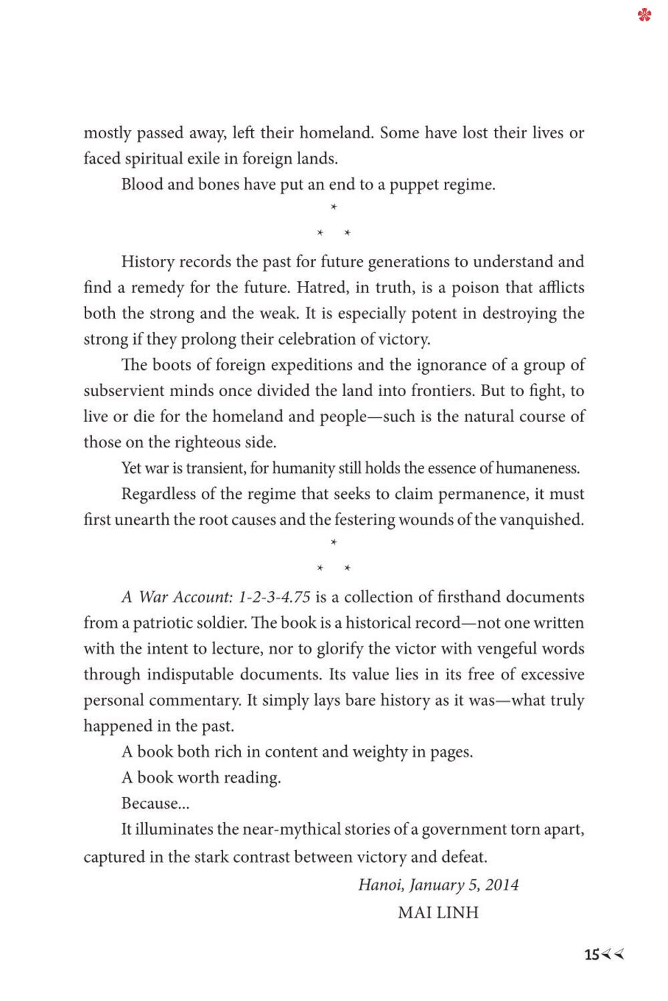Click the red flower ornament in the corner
[644, 15]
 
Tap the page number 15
[592, 955]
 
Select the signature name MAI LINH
[438, 912]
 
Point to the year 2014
[502, 885]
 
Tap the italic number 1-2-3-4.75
[275, 597]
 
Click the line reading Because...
[150, 803]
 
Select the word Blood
[142, 184]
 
